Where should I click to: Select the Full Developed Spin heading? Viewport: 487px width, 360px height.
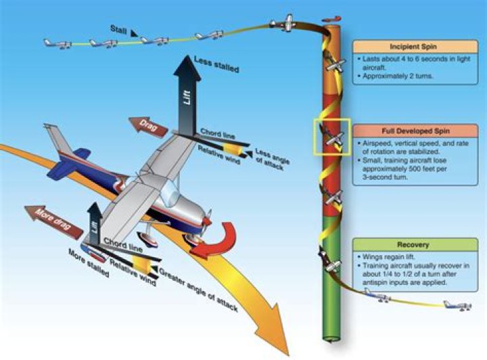(x=415, y=129)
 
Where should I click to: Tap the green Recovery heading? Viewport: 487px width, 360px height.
(x=414, y=243)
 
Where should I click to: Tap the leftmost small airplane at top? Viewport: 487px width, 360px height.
(x=57, y=43)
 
